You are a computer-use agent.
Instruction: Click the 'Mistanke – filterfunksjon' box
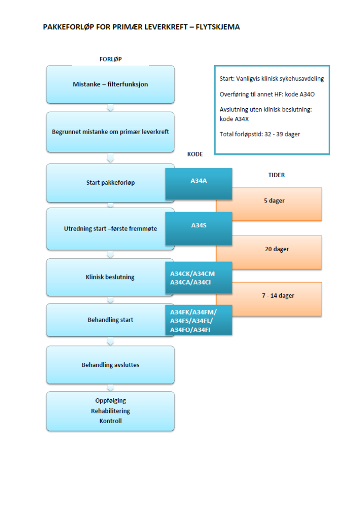click(x=110, y=84)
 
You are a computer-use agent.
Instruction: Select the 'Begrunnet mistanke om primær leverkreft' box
click(x=110, y=132)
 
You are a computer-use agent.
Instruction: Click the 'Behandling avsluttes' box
click(x=110, y=365)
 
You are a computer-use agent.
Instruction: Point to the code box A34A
click(x=199, y=180)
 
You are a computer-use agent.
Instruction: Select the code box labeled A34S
click(x=199, y=225)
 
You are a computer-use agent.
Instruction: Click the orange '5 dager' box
click(x=274, y=201)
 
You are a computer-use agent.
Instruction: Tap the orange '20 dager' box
click(x=277, y=249)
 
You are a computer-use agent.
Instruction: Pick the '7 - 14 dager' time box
click(x=277, y=296)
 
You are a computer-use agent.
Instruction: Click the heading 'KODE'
click(x=195, y=154)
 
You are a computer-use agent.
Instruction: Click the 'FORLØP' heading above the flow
click(x=111, y=59)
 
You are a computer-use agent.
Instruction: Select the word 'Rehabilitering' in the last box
click(x=111, y=411)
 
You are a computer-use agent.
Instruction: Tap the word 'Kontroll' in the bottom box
click(x=111, y=421)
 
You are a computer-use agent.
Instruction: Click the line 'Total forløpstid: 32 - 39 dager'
click(x=260, y=134)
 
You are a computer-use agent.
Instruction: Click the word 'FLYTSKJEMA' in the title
click(x=217, y=27)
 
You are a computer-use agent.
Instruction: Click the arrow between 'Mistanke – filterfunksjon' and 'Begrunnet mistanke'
click(x=111, y=108)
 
